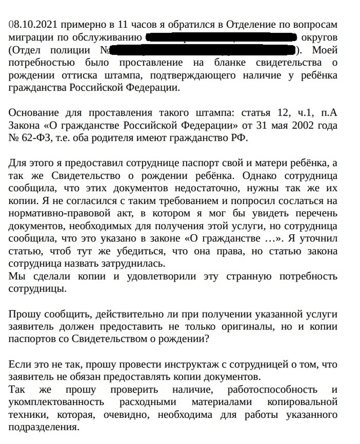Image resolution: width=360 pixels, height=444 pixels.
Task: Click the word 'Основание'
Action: (32, 113)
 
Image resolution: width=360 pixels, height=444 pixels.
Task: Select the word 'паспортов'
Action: (32, 339)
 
